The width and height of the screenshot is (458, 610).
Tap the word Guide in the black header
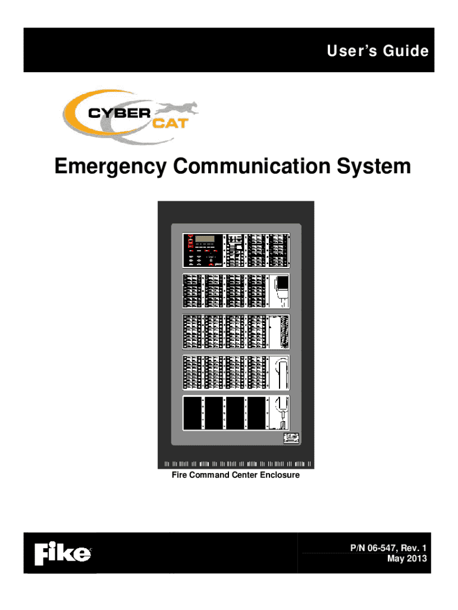pyautogui.click(x=406, y=51)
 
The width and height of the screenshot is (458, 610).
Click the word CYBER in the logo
pyautogui.click(x=118, y=113)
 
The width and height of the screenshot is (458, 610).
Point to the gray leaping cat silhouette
pyautogui.click(x=178, y=109)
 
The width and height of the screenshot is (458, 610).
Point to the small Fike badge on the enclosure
pyautogui.click(x=291, y=438)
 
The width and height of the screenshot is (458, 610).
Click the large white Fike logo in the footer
pyautogui.click(x=63, y=555)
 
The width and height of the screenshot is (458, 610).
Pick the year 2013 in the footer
pyautogui.click(x=415, y=558)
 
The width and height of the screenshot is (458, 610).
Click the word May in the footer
pyautogui.click(x=395, y=558)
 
